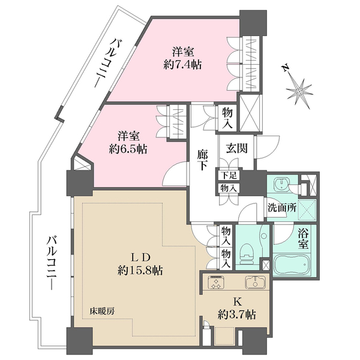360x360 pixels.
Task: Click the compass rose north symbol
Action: coord(299,91)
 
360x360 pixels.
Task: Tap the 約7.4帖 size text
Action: coord(184,64)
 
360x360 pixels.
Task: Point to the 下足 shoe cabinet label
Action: coord(226,176)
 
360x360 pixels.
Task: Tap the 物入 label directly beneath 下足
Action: coord(226,188)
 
